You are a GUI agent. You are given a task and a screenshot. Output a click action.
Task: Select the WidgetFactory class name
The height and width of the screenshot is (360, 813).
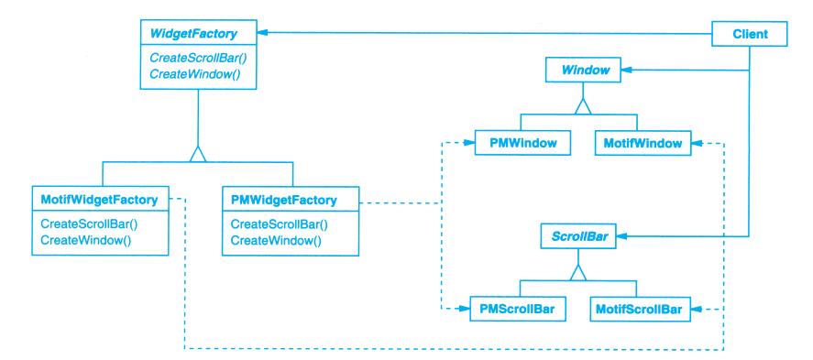point(192,34)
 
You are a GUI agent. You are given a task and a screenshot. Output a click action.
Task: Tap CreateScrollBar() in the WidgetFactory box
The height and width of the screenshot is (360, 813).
point(198,59)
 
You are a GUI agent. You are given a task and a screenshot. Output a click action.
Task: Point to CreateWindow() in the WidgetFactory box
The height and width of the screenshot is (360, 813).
point(195,73)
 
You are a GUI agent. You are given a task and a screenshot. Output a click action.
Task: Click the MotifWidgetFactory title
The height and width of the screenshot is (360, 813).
point(99,200)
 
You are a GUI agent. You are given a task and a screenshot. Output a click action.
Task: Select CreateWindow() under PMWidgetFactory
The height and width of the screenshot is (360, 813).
point(276,240)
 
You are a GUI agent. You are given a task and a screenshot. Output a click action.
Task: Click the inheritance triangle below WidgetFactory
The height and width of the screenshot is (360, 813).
point(198,154)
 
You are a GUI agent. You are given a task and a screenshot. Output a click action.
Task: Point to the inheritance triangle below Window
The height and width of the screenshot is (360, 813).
point(583,106)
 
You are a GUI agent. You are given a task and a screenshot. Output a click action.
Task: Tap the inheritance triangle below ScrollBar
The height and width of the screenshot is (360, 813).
point(578,272)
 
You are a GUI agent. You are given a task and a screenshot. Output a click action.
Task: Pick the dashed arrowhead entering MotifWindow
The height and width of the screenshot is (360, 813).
point(698,143)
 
